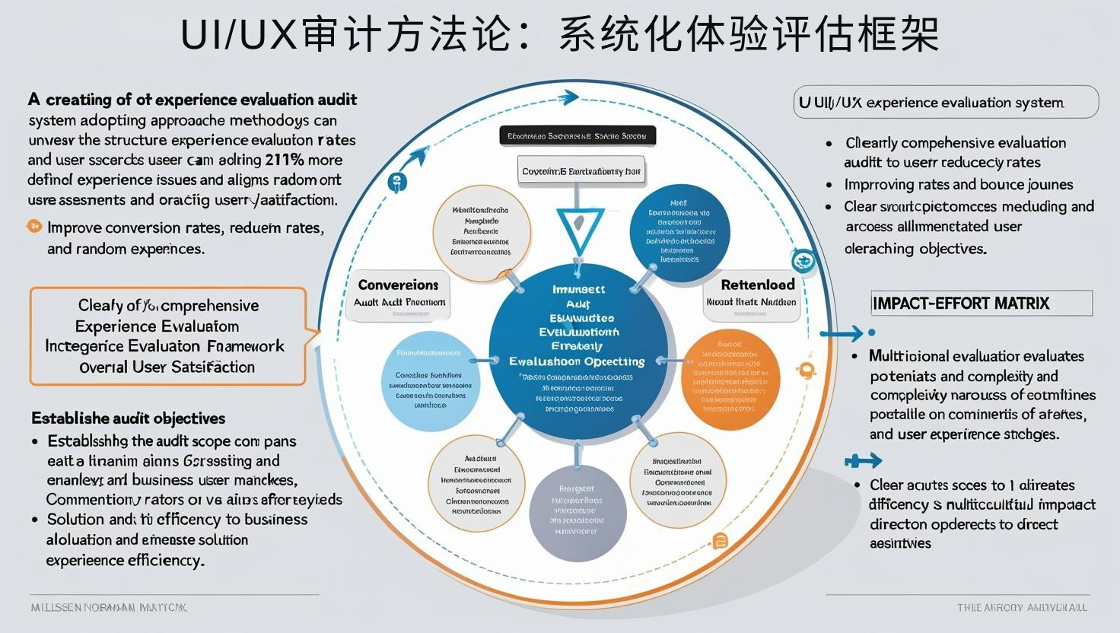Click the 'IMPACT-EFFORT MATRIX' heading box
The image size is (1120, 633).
tap(982, 303)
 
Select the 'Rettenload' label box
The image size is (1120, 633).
tap(757, 293)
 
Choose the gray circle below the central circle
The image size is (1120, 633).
tap(577, 511)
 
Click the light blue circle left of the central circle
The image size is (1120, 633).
tap(428, 380)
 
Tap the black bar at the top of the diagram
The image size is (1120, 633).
tap(577, 136)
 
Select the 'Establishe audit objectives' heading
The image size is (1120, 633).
tap(128, 418)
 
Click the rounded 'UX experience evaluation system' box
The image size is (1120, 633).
tap(946, 102)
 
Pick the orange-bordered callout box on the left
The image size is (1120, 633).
tap(167, 336)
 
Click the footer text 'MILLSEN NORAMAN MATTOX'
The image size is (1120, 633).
tap(108, 607)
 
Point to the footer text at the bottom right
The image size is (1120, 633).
tap(1022, 607)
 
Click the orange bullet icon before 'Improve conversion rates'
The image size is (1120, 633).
tap(33, 226)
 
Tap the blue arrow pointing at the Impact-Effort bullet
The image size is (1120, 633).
tap(842, 332)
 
